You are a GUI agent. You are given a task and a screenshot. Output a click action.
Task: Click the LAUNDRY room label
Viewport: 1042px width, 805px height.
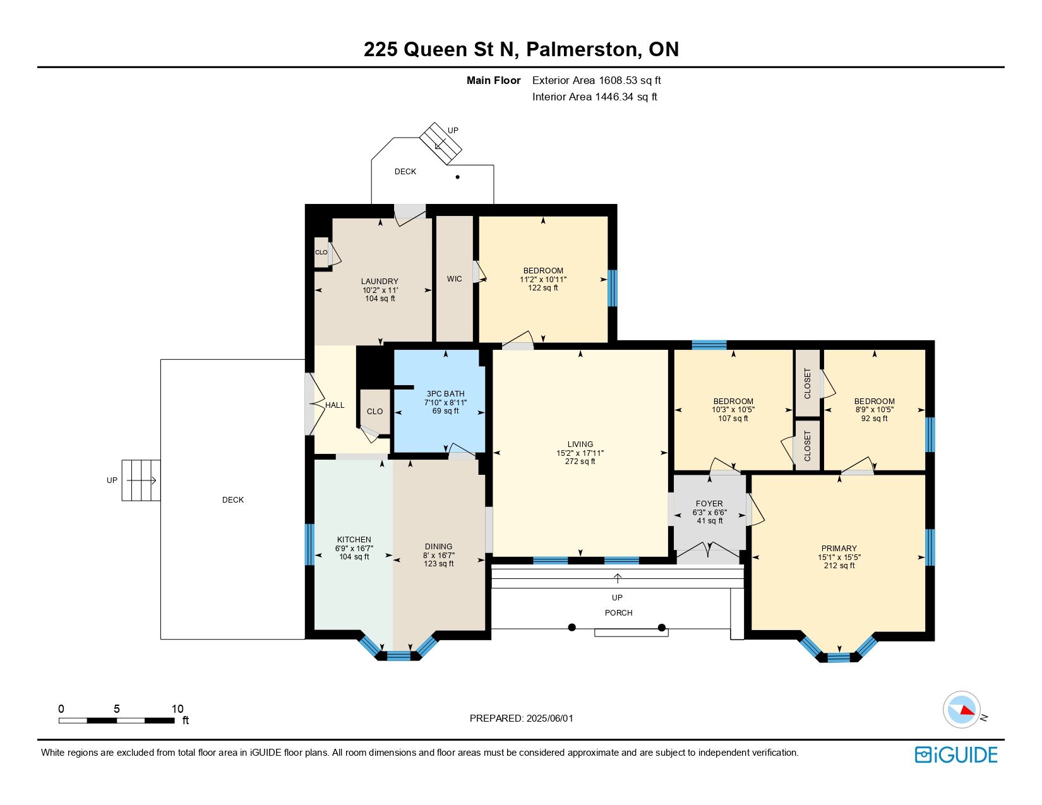380,282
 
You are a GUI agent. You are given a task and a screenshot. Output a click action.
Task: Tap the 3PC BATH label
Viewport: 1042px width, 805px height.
445,393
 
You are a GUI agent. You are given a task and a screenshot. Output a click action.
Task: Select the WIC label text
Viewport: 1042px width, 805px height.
454,278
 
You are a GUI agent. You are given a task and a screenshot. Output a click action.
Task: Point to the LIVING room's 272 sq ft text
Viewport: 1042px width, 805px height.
580,462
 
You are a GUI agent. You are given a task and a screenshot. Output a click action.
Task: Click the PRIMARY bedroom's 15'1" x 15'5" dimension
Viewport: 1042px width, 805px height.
839,557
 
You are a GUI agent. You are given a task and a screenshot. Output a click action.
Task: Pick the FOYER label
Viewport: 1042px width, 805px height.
709,503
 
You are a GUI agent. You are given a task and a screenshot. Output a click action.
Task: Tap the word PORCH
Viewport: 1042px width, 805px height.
619,612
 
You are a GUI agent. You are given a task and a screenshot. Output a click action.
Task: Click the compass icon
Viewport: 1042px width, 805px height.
961,710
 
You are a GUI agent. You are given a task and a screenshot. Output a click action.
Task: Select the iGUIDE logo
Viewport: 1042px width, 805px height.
955,754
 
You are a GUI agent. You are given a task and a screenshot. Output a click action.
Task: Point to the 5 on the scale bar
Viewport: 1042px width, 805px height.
117,708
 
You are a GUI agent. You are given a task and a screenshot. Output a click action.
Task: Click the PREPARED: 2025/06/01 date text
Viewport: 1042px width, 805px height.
521,719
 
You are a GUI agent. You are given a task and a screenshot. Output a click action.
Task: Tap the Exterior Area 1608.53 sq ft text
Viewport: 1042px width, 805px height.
597,81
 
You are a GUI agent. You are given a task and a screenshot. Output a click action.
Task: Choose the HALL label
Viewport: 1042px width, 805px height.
335,405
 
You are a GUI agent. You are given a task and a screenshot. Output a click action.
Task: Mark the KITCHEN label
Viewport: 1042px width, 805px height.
354,539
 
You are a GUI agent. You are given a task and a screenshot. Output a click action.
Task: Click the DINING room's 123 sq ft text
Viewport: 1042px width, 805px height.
438,563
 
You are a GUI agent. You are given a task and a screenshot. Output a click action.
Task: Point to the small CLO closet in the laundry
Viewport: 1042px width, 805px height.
321,252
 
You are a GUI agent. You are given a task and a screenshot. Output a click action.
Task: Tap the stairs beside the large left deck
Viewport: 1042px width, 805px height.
141,480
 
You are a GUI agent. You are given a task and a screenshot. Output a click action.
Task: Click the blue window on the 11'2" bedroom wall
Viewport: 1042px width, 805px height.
613,288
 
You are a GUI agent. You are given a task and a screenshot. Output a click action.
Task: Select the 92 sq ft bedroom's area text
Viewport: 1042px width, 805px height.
874,418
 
